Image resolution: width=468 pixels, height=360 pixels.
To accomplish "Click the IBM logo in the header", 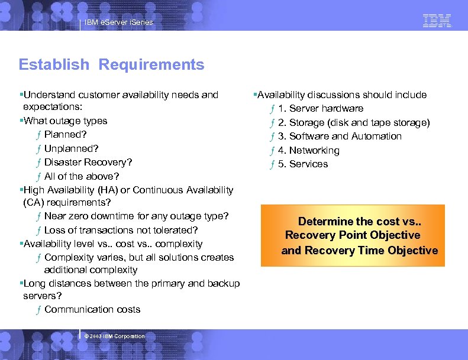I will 437,21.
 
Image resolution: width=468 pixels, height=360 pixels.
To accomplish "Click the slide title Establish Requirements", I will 111,64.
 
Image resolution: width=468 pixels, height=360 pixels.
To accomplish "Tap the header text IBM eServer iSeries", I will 118,22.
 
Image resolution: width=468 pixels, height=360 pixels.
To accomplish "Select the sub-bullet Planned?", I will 64,134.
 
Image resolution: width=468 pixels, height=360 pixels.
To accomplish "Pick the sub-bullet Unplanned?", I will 71,148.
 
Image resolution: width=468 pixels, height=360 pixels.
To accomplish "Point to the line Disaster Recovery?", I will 88,162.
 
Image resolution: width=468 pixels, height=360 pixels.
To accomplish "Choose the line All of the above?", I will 81,176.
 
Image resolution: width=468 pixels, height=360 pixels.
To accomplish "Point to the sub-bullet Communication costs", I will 92,309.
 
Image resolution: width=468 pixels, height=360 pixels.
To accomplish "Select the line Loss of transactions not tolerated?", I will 121,230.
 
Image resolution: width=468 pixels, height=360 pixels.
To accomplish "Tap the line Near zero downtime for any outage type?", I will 136,216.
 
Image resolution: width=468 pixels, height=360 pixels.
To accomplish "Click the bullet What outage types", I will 65,121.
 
